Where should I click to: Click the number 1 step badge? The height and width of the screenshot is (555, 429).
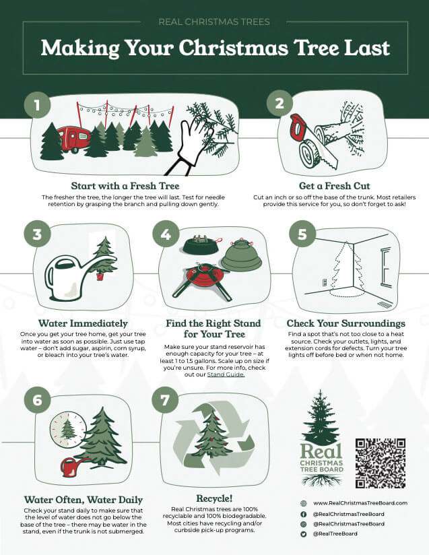(37, 105)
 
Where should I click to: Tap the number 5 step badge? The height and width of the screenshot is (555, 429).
(302, 234)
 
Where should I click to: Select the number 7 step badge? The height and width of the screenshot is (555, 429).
(165, 400)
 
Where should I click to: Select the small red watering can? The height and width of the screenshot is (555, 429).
(72, 467)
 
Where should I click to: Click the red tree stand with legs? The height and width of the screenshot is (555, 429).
(202, 281)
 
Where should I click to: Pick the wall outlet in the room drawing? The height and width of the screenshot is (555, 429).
(324, 282)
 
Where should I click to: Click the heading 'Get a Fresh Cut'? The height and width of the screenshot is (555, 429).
(335, 186)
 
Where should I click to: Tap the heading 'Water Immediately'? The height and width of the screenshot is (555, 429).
(83, 323)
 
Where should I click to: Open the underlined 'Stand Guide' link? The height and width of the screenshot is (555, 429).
(226, 374)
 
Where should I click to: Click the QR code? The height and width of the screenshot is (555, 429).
(381, 463)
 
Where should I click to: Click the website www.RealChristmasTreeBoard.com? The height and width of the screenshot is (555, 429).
(360, 503)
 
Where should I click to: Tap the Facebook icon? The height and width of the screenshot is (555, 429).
(303, 515)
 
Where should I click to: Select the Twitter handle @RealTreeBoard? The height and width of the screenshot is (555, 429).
(335, 533)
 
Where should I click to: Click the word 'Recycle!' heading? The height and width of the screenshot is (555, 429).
(214, 498)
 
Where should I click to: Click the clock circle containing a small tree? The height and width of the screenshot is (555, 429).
(68, 429)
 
